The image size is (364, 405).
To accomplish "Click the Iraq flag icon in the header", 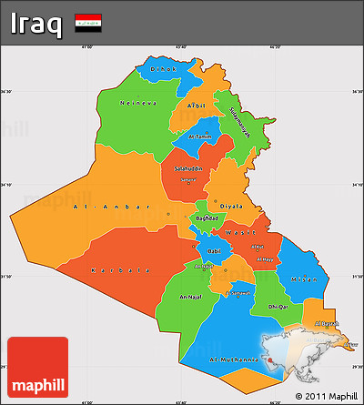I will point(88,20).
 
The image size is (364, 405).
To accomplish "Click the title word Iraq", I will point(37,22).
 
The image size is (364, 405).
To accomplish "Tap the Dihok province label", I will point(163,70).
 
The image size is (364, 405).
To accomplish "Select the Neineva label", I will point(137,103).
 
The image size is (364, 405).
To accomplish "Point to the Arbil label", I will point(196,106).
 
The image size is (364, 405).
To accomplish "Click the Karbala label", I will point(119,270).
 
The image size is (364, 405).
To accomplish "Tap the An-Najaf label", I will point(192,298).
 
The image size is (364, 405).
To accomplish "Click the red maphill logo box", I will point(37,367).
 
